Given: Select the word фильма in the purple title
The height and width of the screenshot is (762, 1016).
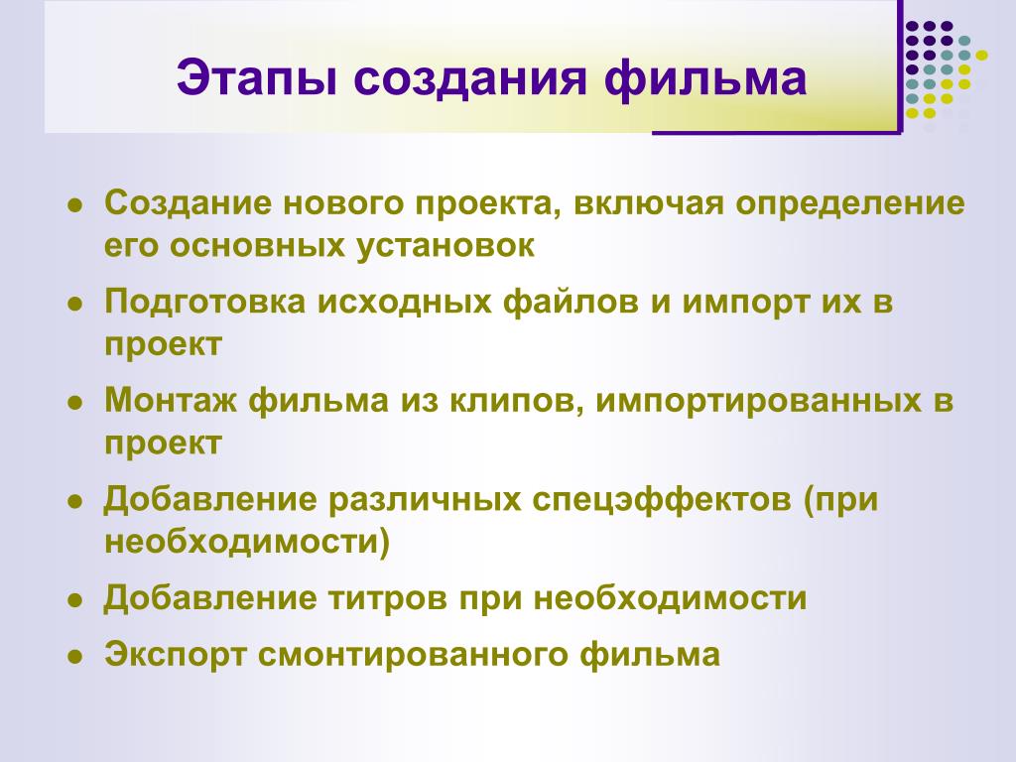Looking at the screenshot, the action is [705, 79].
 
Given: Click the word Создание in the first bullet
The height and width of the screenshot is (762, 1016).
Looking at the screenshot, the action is [189, 202].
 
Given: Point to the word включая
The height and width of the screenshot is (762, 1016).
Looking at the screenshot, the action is [649, 203].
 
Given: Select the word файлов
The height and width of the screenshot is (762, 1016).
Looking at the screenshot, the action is [571, 302].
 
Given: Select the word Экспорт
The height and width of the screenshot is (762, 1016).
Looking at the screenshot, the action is [176, 655].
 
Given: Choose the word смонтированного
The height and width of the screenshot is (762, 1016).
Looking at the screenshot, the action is [412, 655].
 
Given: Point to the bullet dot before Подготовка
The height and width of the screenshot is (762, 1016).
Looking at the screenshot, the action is [75, 305].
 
